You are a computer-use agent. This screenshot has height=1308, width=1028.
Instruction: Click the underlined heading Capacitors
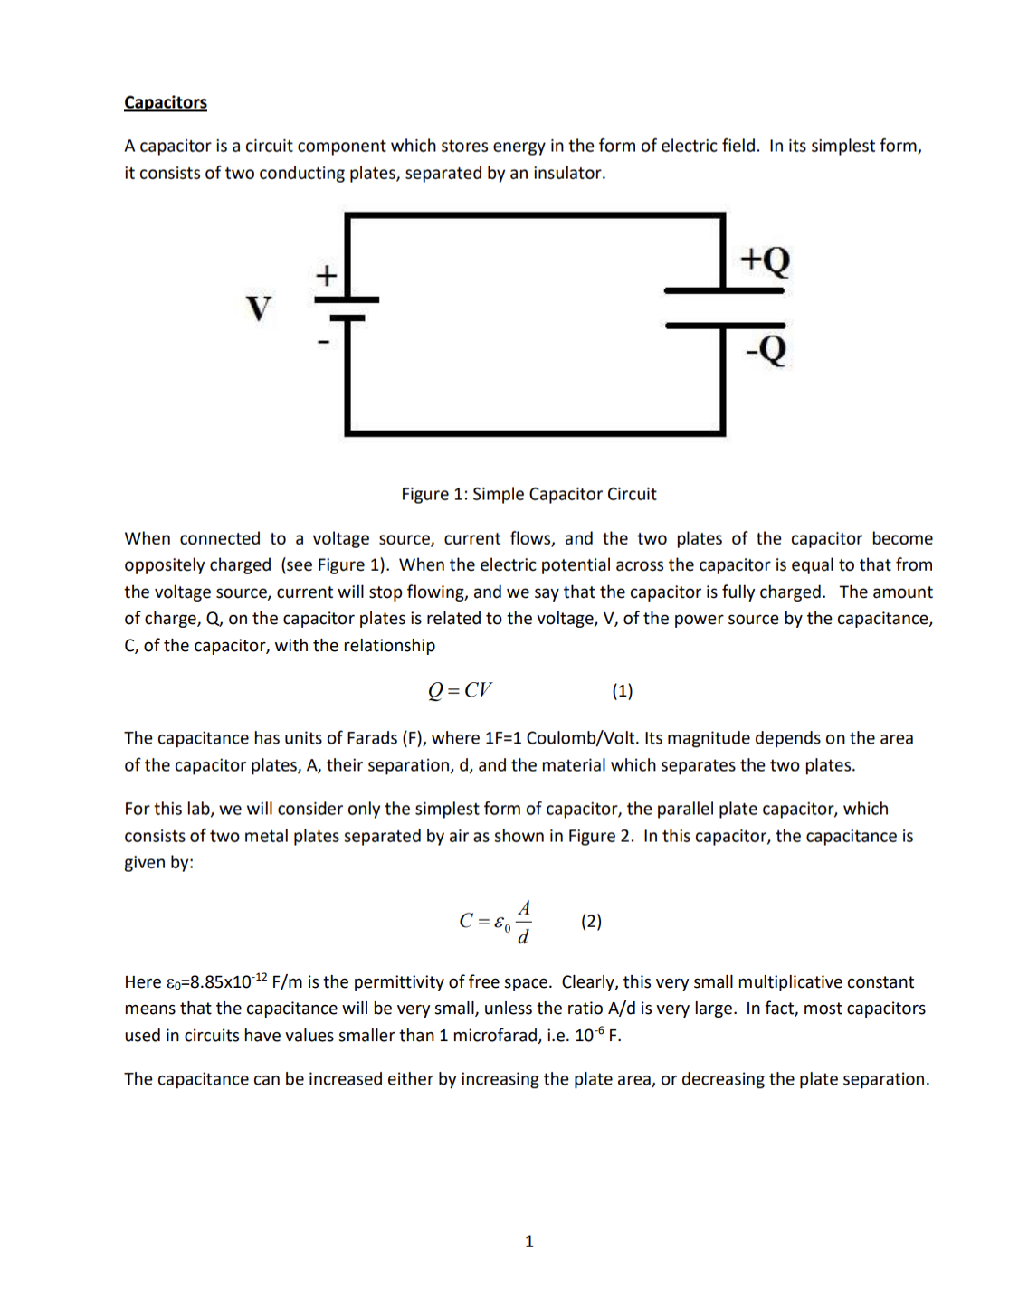click(166, 102)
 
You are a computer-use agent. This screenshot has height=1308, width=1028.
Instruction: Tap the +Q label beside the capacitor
click(765, 261)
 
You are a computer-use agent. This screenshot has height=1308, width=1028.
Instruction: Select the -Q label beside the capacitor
click(766, 348)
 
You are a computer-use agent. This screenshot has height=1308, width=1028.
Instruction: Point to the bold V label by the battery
click(259, 308)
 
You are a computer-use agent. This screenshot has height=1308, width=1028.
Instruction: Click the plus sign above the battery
click(326, 275)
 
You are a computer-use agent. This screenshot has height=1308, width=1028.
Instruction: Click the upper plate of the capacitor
click(723, 290)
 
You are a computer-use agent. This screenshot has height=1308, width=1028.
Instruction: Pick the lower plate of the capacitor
click(725, 325)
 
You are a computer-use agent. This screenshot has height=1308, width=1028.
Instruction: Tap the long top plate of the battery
click(347, 299)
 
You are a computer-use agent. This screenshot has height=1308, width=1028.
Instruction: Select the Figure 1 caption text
click(528, 494)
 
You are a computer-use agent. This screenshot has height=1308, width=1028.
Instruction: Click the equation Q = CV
click(460, 690)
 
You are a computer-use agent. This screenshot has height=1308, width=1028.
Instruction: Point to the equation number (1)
click(622, 691)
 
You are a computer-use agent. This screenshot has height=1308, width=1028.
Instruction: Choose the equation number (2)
click(591, 921)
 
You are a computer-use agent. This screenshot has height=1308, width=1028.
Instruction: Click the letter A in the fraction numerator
click(524, 908)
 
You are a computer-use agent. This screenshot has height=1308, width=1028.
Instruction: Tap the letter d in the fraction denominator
click(523, 936)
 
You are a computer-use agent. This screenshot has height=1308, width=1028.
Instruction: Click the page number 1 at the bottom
click(529, 1241)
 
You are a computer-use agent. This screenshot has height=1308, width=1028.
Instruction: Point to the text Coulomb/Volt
click(582, 738)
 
